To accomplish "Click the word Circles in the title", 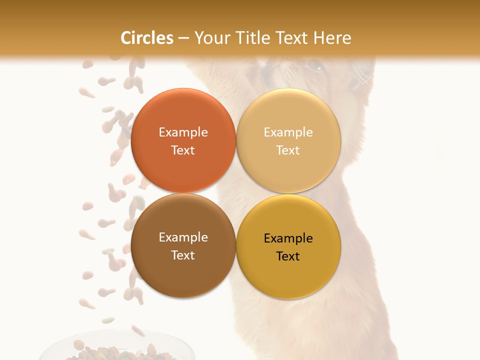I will click(x=146, y=38).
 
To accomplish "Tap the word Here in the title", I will click(x=332, y=38).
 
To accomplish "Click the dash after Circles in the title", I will click(x=183, y=38).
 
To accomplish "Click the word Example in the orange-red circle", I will click(x=183, y=132).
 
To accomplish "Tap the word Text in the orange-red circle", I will click(x=183, y=150).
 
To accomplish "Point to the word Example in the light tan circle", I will click(x=288, y=132).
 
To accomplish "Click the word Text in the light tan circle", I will click(x=288, y=150).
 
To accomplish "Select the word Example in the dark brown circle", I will click(x=183, y=237).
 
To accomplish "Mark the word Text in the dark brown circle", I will click(x=183, y=255).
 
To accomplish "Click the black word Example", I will click(x=288, y=238).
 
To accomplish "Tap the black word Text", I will click(x=288, y=256).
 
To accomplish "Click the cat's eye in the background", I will click(x=315, y=65).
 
